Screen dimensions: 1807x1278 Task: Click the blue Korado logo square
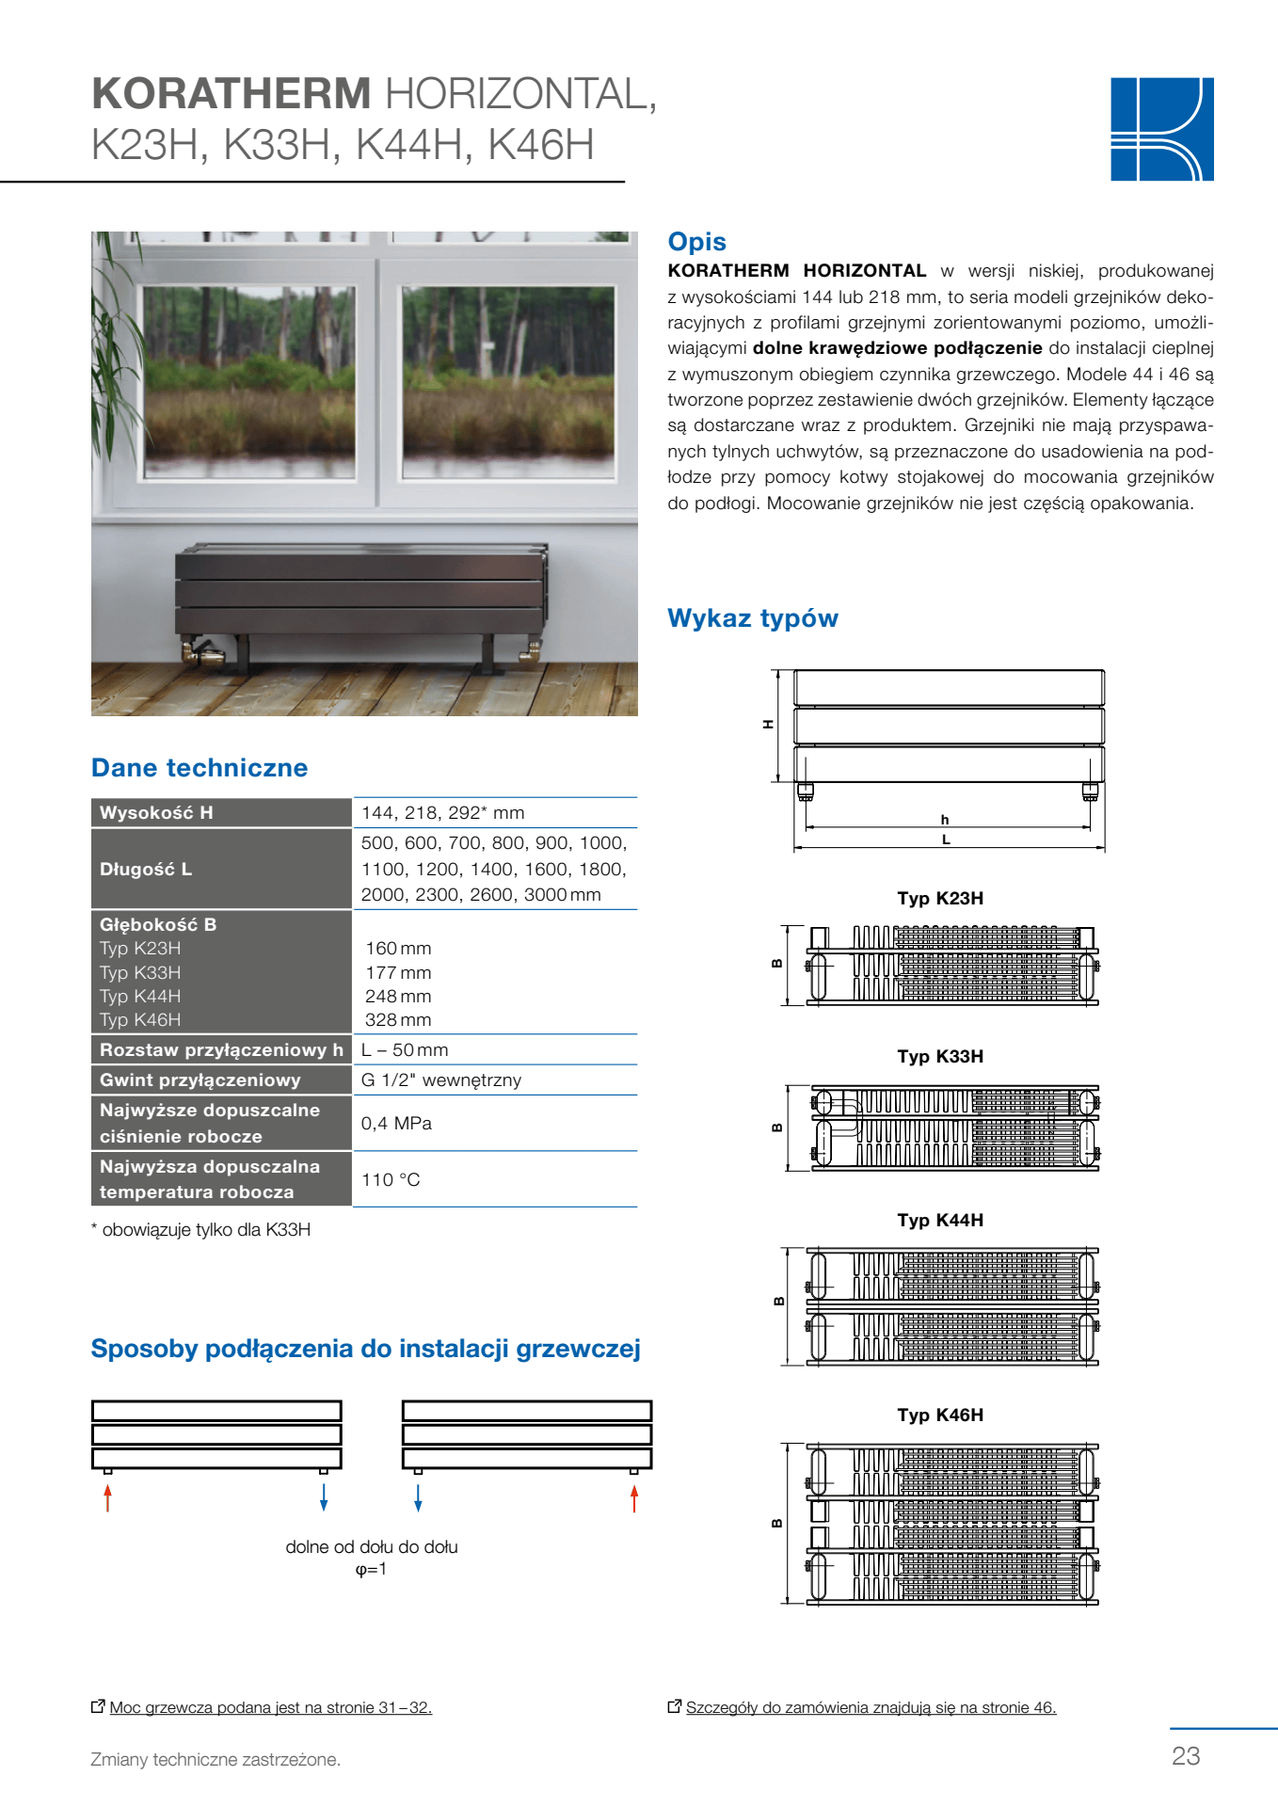[x=1161, y=129]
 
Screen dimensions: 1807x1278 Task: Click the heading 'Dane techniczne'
[x=200, y=768]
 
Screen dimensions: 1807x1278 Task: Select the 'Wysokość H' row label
[x=156, y=812]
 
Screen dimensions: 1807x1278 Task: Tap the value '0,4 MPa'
[x=396, y=1123]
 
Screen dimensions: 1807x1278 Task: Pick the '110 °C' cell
[x=391, y=1179]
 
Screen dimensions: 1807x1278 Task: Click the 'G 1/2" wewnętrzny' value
[x=440, y=1079]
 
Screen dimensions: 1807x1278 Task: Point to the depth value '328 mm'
[x=398, y=1019]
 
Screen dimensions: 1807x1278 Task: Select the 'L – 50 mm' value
[x=405, y=1049]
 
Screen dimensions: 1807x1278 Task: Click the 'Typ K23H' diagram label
[x=939, y=898]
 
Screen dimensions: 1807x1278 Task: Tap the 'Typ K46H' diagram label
[x=939, y=1415]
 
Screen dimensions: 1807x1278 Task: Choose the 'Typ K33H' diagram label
[x=939, y=1056]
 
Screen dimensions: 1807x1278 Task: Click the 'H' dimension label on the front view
[x=768, y=724]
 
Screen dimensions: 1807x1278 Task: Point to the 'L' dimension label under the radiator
[x=946, y=840]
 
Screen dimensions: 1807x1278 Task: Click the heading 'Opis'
[x=696, y=242]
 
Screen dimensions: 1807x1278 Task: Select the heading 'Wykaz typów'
[x=752, y=618]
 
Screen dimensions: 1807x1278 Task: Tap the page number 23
[x=1186, y=1755]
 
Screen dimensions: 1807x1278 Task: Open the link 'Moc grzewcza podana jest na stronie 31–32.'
[x=270, y=1707]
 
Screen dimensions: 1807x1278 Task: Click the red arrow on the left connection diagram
[x=108, y=1497]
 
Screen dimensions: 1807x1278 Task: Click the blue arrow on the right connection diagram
[x=418, y=1497]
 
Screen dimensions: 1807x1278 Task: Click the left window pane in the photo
[x=249, y=381]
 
